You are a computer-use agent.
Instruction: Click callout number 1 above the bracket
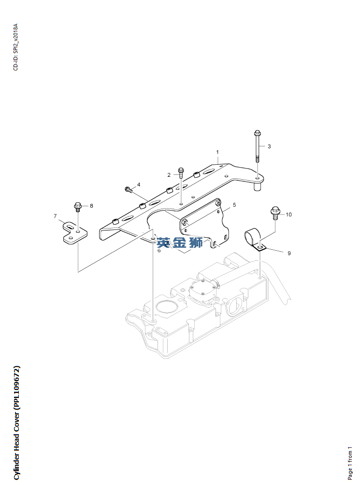pyautogui.click(x=217, y=152)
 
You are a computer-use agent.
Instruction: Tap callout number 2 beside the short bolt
pyautogui.click(x=169, y=175)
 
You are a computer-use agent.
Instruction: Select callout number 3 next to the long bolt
pyautogui.click(x=269, y=146)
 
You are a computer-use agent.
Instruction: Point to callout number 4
pyautogui.click(x=139, y=185)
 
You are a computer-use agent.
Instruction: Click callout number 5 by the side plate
pyautogui.click(x=234, y=205)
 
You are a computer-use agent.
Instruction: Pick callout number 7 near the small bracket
pyautogui.click(x=56, y=216)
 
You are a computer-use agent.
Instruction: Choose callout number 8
pyautogui.click(x=91, y=206)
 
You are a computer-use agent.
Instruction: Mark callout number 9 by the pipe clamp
pyautogui.click(x=289, y=253)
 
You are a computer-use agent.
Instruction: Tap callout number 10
pyautogui.click(x=288, y=214)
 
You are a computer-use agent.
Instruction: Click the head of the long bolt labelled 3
pyautogui.click(x=257, y=133)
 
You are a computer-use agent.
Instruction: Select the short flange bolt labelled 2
pyautogui.click(x=181, y=172)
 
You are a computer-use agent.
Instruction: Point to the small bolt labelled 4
pyautogui.click(x=129, y=190)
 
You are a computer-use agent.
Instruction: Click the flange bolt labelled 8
pyautogui.click(x=78, y=206)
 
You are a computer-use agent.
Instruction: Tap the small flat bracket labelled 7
pyautogui.click(x=75, y=233)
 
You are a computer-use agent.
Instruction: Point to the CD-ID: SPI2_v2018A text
pyautogui.click(x=16, y=47)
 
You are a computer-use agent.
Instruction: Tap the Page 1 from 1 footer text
pyautogui.click(x=350, y=463)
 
